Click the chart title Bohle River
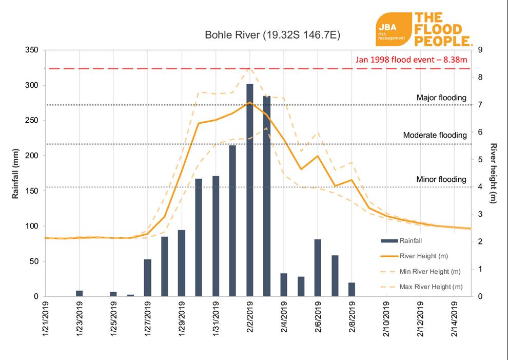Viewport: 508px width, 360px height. coord(272,35)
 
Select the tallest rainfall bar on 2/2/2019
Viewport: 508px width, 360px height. coord(249,190)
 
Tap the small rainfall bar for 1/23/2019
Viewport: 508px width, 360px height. coord(79,293)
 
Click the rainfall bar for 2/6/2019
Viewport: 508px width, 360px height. coord(318,268)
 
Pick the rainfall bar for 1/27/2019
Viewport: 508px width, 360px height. coord(147,278)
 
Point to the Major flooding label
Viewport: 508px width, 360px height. coord(441,98)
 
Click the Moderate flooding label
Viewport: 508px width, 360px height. coord(435,135)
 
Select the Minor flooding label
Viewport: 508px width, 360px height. coord(441,179)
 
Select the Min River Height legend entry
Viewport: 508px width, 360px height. coord(429,271)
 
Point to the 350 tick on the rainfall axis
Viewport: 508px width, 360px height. coord(32,50)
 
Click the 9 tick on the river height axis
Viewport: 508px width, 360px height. coord(480,50)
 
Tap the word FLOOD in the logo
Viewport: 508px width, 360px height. coord(438,29)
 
